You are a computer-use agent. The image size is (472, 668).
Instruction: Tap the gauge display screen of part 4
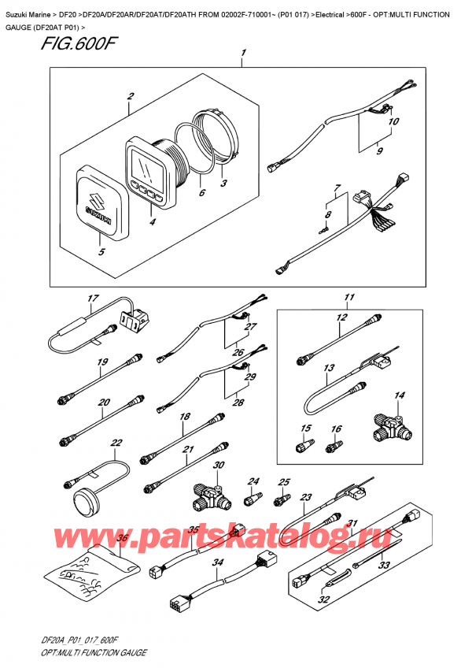point(145,169)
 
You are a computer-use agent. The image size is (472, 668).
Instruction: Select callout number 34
point(218,562)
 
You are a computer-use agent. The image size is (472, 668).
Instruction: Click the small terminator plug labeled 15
point(300,448)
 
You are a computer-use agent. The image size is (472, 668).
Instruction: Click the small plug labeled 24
point(253,499)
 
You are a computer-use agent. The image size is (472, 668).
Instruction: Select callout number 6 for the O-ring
point(201,193)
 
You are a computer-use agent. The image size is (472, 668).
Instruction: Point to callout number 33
point(385,565)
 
